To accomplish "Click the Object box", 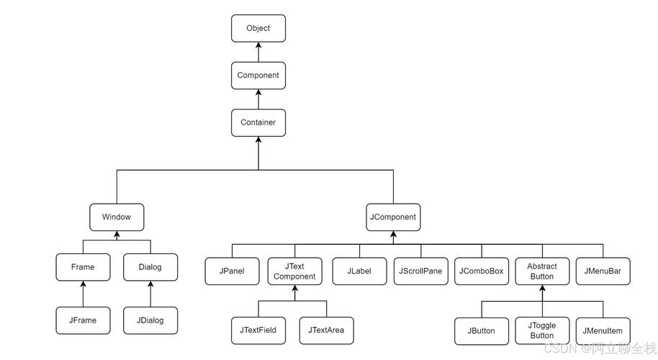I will (x=258, y=28).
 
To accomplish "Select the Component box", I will (x=258, y=75).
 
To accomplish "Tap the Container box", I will (x=258, y=122).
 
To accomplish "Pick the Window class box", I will (x=116, y=217).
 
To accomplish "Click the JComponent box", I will (x=392, y=217).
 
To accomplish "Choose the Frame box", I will (x=83, y=267).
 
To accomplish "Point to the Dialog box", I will (x=150, y=267).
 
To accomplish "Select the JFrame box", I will (x=83, y=320).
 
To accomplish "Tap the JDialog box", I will (x=150, y=320).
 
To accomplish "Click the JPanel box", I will (x=232, y=271).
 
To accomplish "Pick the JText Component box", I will (x=294, y=271).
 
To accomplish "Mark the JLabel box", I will (x=359, y=271).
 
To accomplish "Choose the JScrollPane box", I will (x=420, y=271).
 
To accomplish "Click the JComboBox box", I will (x=482, y=271).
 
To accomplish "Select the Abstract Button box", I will (x=541, y=271).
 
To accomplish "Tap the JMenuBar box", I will (x=603, y=271).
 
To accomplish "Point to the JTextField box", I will (x=258, y=330).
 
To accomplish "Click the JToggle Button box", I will (x=541, y=330).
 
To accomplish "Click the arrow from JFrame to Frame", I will (x=83, y=294).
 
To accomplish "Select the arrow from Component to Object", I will (x=258, y=52).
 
